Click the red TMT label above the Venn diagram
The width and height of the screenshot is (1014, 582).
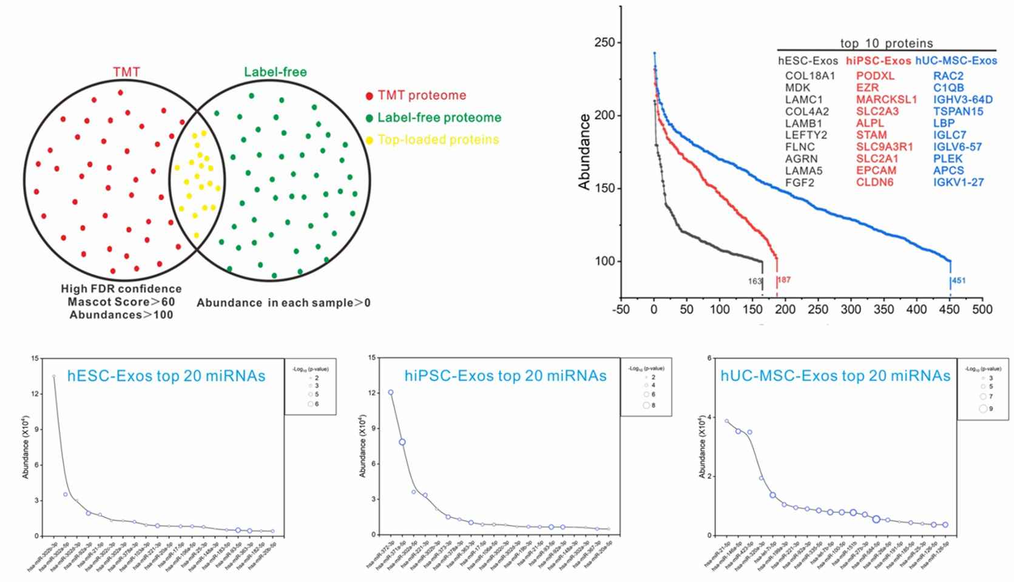point(126,72)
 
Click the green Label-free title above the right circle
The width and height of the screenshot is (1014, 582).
point(275,72)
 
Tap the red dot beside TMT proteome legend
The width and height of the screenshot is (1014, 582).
point(369,96)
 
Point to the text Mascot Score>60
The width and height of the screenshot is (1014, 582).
point(121,302)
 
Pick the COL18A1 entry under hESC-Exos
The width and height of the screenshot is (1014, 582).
point(810,76)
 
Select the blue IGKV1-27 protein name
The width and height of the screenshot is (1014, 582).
point(958,182)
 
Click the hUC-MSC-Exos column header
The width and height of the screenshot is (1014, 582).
point(956,61)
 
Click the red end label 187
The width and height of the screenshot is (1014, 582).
point(783,280)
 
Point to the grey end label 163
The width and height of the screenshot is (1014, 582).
point(754,282)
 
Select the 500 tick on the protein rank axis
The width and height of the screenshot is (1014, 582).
point(982,310)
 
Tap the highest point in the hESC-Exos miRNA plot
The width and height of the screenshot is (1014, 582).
point(54,376)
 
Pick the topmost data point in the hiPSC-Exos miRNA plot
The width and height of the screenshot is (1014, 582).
point(391,392)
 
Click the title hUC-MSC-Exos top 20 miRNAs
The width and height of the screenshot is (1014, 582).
point(835,376)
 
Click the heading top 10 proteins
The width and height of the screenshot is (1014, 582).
point(887,43)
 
